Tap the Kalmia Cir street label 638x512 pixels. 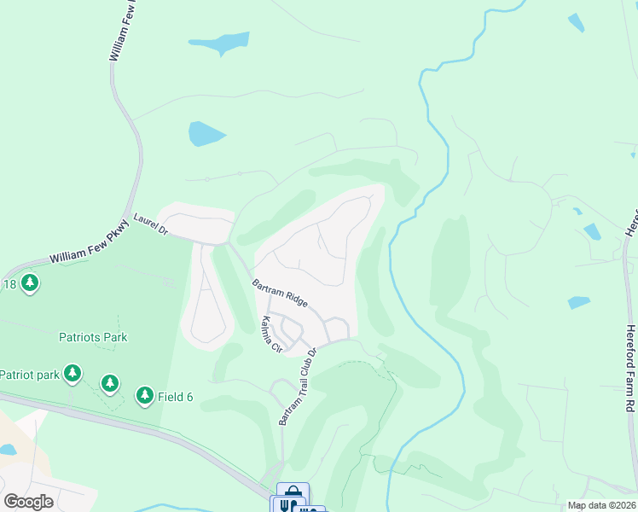271,334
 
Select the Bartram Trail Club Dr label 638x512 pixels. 297,387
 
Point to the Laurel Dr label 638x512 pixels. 151,224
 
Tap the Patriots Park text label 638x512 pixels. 93,337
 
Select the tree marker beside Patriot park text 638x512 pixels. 72,373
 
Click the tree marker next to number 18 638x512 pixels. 31,282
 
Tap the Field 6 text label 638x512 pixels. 176,396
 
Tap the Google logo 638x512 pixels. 29,502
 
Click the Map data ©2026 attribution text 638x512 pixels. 601,505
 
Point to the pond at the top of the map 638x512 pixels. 220,42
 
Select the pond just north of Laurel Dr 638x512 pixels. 206,133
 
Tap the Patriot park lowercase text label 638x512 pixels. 29,374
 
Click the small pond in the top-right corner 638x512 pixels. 577,23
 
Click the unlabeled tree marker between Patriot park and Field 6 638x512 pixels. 110,384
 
